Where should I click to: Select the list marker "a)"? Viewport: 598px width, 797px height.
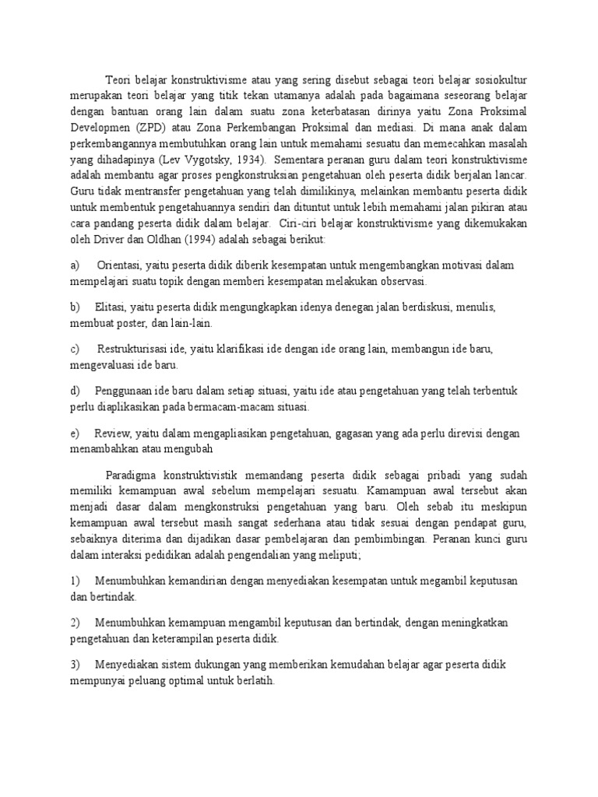click(75, 265)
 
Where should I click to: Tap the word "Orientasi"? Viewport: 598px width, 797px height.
click(121, 265)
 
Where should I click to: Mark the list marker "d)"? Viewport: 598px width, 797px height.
click(75, 390)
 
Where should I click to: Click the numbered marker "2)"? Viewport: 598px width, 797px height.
click(75, 623)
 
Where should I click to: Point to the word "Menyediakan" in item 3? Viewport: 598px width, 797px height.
click(129, 665)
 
